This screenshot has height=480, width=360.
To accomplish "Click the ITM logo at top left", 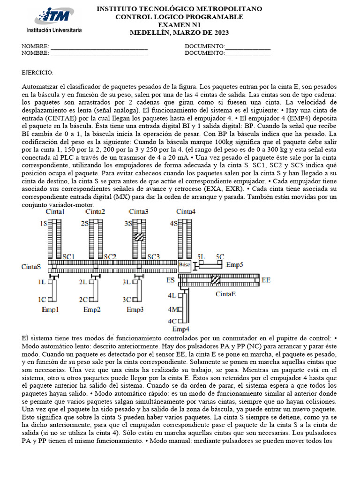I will tap(58, 20).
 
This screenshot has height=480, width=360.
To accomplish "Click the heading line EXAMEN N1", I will tap(179, 25).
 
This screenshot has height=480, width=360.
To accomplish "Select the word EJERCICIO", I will tap(37, 73).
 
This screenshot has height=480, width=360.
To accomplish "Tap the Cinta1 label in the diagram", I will tap(55, 212).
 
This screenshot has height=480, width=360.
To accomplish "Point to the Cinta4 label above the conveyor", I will tap(186, 212).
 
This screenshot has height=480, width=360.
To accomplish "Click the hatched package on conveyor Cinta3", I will tap(139, 237).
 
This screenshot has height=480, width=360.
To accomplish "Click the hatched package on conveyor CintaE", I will tap(216, 280).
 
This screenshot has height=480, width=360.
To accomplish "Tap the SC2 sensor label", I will tap(110, 257).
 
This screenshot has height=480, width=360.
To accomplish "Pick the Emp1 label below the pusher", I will tap(50, 310).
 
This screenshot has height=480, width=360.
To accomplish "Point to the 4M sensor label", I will tap(172, 309).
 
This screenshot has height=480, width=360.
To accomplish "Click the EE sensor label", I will tap(266, 280).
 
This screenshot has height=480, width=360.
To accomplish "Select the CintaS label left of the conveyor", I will tap(31, 267).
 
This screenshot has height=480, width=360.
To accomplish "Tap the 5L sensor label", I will tap(201, 257).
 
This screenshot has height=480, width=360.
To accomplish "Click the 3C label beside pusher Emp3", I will tap(127, 300).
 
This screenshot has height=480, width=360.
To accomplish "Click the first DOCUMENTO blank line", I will tap(247, 47).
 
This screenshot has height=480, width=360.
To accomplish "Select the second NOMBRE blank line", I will tap(99, 54).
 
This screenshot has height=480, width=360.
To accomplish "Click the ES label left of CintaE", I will tap(170, 280).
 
